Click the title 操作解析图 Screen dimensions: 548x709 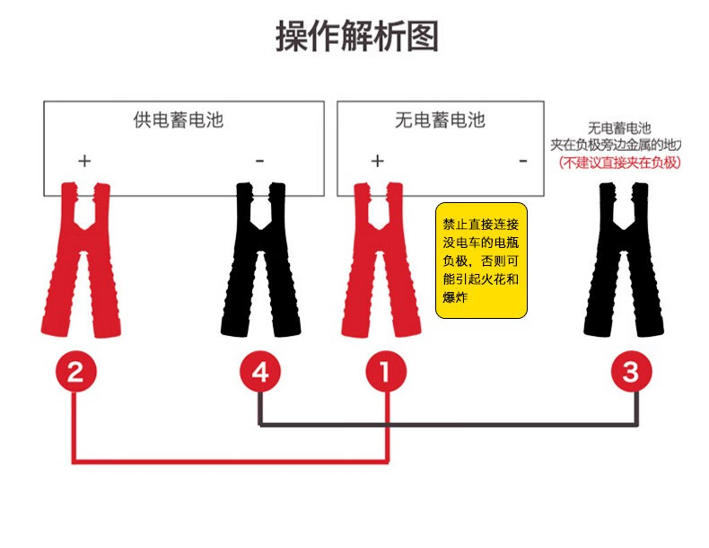click(x=356, y=38)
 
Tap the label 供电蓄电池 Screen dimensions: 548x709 click(x=178, y=119)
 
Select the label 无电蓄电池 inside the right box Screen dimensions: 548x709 click(x=440, y=119)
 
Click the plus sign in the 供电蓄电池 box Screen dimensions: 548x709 click(x=83, y=161)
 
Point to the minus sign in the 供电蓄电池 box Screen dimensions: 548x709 click(x=259, y=161)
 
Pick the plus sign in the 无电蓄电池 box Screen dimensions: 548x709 click(x=377, y=161)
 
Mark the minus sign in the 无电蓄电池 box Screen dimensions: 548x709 click(x=523, y=161)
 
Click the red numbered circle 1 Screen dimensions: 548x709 click(x=386, y=371)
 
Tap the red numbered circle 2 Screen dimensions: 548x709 click(x=76, y=371)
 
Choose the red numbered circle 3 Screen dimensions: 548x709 click(x=631, y=371)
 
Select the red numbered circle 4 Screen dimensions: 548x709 click(x=259, y=371)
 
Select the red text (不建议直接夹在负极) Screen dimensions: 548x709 click(x=619, y=163)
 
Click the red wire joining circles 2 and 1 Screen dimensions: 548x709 click(x=232, y=462)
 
